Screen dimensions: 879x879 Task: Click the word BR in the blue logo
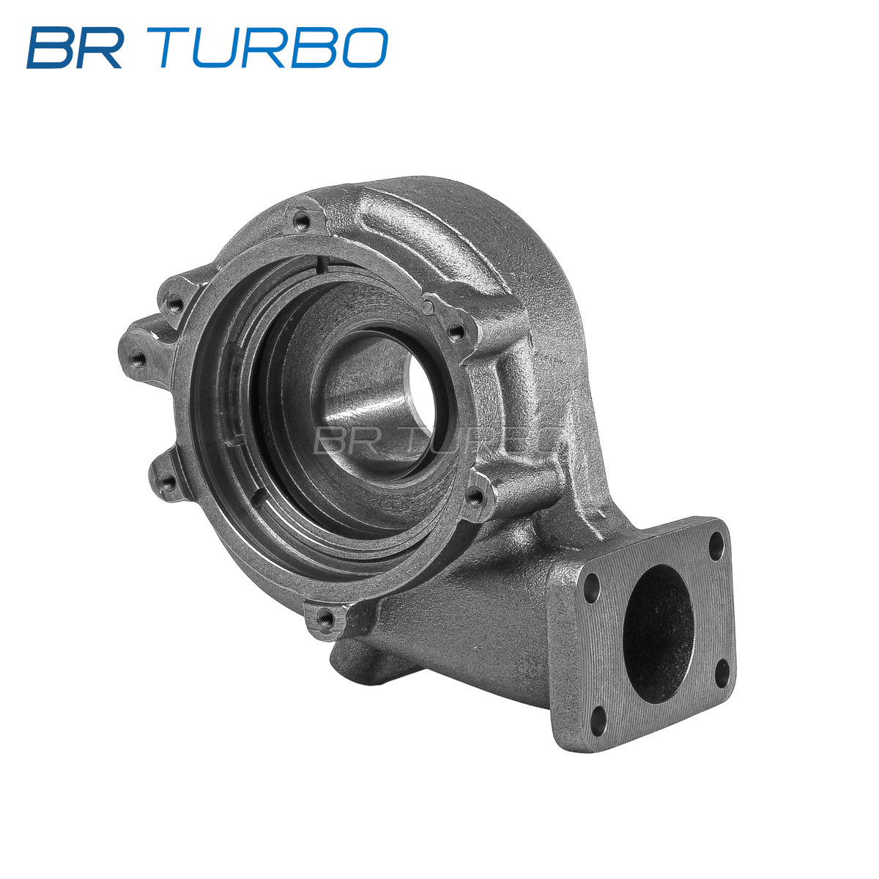pos(75,48)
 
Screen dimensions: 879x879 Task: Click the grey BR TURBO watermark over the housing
pos(434,441)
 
